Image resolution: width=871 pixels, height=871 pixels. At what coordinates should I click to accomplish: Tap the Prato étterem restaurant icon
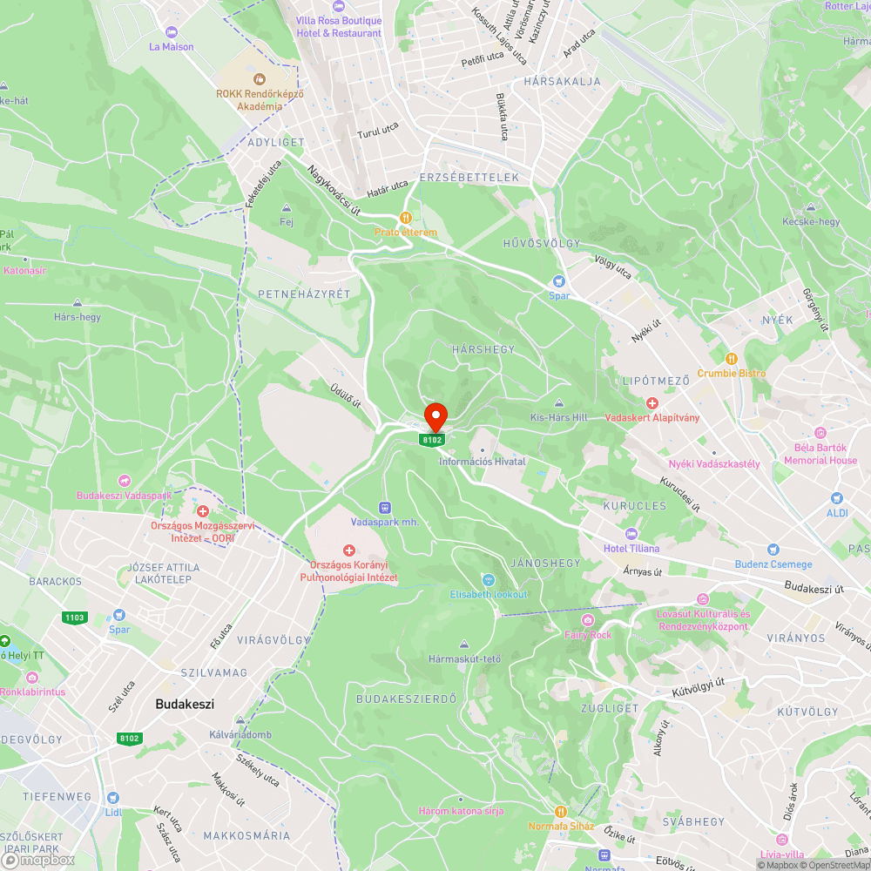click(x=405, y=218)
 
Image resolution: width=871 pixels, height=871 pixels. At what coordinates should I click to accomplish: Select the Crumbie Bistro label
click(x=732, y=373)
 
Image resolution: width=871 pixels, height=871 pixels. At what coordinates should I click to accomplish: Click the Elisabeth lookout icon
click(x=488, y=579)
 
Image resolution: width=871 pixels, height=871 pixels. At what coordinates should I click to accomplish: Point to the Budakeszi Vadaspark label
click(x=125, y=495)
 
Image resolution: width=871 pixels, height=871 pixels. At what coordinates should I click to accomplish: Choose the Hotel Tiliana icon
click(x=631, y=534)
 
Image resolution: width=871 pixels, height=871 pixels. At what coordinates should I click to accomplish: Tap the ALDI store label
click(x=837, y=513)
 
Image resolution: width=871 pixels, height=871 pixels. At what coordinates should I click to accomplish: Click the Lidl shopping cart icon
click(x=112, y=797)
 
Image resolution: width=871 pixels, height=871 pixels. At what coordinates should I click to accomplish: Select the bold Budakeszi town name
click(x=185, y=704)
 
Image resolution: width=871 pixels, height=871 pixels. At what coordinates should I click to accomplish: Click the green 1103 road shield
click(x=75, y=618)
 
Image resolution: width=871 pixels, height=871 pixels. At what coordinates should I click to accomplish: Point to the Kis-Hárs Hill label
click(x=559, y=417)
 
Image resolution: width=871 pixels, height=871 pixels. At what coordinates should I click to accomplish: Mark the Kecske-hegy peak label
click(x=811, y=221)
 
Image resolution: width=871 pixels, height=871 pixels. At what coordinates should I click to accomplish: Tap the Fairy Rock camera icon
click(x=589, y=620)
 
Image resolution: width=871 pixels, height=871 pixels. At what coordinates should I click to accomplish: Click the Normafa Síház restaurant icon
click(x=562, y=812)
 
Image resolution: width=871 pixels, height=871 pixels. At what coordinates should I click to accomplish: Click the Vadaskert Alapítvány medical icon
click(x=652, y=403)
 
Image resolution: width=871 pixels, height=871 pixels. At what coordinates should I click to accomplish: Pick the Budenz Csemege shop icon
click(x=773, y=550)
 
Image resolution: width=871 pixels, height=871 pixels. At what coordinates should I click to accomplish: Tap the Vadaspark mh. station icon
click(x=384, y=507)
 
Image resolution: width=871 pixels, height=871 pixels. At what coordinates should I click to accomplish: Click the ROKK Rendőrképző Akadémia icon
click(x=260, y=80)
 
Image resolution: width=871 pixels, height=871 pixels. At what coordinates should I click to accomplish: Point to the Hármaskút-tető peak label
click(x=465, y=658)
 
